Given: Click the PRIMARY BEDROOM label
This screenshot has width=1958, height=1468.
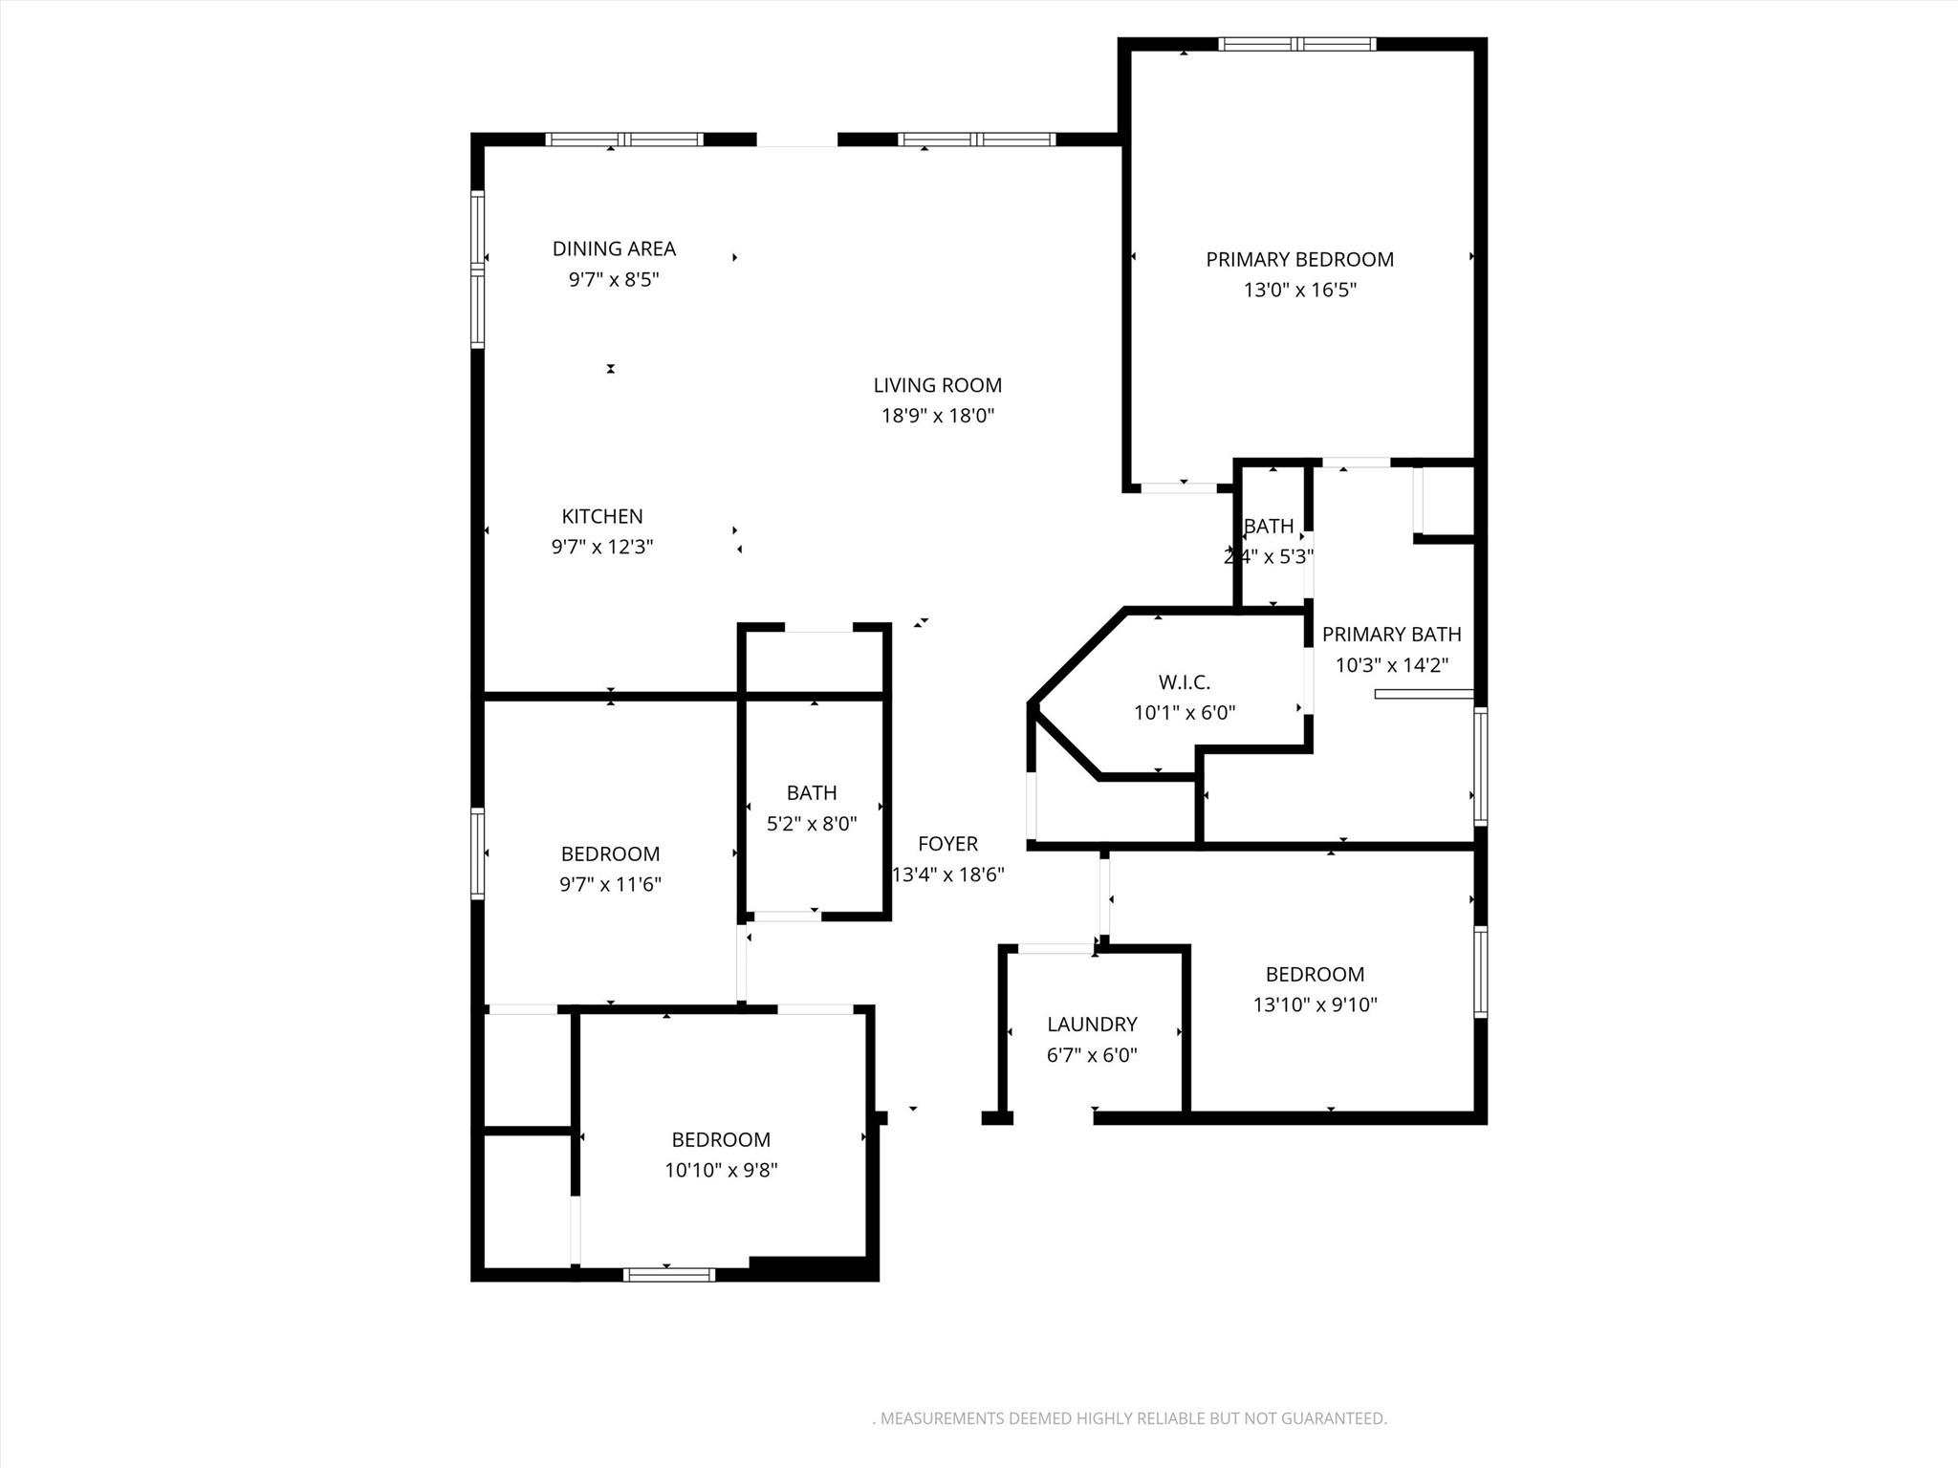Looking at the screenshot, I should pos(1299,259).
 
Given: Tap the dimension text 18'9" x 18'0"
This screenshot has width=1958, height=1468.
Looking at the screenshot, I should pos(937,416).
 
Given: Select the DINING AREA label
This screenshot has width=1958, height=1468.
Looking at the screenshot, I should pos(614,248).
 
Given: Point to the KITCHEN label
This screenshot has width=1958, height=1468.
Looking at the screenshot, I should pos(601,516).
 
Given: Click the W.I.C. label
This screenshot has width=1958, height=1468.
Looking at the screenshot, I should pos(1184,682).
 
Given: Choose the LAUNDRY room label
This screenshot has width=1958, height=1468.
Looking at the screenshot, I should pos(1092,1025).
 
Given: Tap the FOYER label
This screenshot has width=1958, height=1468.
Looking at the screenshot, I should pos(947,844).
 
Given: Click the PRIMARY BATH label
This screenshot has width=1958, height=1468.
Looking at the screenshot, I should pos(1391,635).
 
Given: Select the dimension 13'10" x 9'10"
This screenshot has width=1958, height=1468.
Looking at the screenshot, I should pos(1315,1004).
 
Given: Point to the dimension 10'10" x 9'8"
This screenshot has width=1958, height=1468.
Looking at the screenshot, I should pos(721,1170).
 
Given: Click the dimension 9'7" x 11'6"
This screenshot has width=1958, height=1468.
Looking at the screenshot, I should pos(610,884).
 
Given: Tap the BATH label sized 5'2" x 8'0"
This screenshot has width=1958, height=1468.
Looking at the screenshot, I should pos(812,792).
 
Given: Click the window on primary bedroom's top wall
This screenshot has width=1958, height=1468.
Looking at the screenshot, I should pos(1297,44).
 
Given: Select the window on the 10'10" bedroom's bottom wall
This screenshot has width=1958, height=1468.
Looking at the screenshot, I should pos(668,1274).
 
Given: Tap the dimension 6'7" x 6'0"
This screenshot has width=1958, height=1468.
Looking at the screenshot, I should pos(1092,1055).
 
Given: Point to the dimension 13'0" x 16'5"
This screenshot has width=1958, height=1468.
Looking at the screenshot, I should pos(1299,290).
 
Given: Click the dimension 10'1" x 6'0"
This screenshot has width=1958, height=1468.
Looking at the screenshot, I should pos(1184,713).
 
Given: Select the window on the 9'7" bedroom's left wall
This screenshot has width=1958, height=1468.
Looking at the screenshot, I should pos(478,853).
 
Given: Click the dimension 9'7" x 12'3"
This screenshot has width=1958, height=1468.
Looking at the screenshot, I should pos(601,547).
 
